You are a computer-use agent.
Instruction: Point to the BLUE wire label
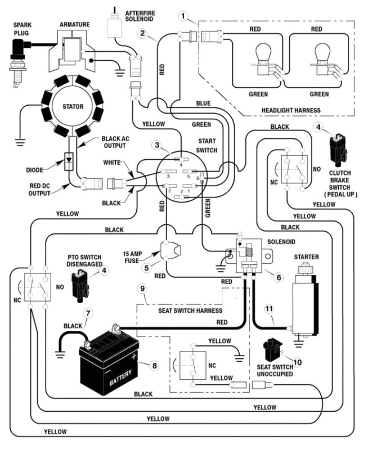point(203,103)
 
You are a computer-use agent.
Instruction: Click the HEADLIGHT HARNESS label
point(291,109)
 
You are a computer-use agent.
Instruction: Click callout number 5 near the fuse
point(146,268)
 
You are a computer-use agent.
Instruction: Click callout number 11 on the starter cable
point(268,308)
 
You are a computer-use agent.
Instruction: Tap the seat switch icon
point(275,346)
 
